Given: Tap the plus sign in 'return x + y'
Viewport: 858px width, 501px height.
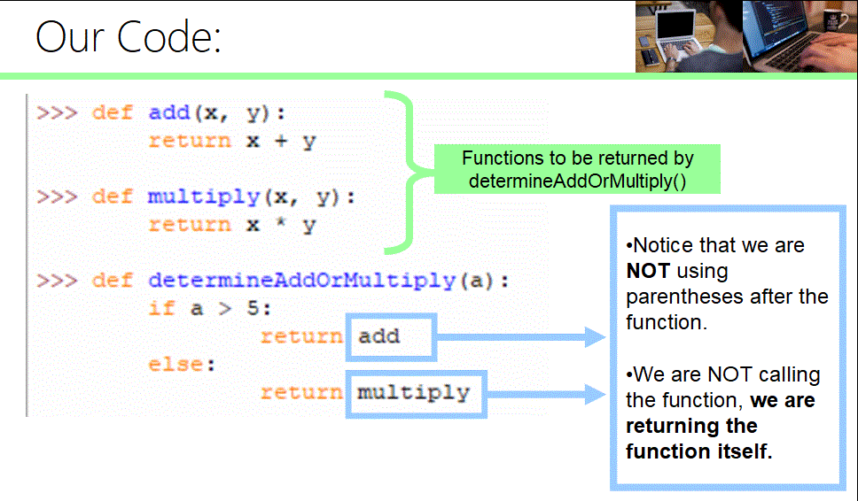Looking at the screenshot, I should [279, 142].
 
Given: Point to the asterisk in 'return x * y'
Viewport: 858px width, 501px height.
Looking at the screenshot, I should [279, 225].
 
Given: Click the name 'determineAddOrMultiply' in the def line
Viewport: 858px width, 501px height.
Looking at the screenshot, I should [301, 281].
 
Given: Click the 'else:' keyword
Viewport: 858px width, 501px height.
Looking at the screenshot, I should [182, 365].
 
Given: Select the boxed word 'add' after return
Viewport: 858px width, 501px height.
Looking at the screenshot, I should [379, 336].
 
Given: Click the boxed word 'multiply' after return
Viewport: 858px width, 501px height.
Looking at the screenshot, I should [413, 392].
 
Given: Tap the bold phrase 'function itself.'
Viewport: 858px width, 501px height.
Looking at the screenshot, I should [699, 451].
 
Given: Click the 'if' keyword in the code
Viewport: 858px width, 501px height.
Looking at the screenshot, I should [161, 309].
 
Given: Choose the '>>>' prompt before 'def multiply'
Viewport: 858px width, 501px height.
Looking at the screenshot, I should [58, 197].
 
